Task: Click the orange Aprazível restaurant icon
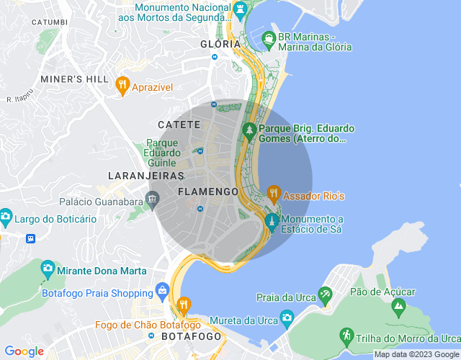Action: coord(122,85)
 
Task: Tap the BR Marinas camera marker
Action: coord(269,37)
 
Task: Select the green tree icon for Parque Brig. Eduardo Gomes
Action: coord(249,130)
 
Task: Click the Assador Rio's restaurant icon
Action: coord(273,193)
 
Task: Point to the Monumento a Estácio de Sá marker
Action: coord(272,220)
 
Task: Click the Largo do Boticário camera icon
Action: coord(5,216)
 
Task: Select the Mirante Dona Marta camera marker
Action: coord(48,268)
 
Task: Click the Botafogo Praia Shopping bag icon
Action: coord(163,292)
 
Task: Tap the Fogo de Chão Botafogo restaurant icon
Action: coord(184,305)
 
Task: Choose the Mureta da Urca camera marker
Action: coord(287,317)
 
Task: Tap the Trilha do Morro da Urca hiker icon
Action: coord(346,335)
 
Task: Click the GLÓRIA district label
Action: coord(220,44)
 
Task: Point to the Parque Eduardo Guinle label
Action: coord(162,152)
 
